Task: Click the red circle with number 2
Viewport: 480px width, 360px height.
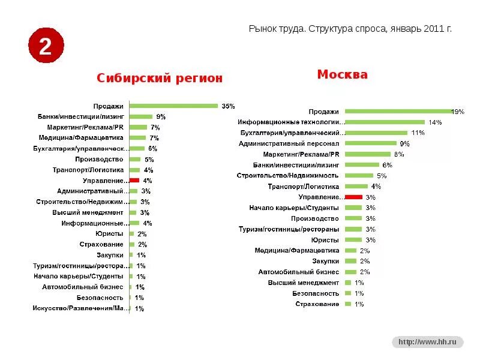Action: click(45, 47)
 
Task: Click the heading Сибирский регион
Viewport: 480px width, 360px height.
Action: click(160, 78)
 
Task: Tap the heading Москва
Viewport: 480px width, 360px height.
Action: click(342, 74)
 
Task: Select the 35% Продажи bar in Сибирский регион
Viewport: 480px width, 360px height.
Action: click(173, 106)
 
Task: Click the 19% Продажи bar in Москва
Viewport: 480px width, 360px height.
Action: click(398, 111)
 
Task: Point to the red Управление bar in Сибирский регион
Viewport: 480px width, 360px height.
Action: click(134, 180)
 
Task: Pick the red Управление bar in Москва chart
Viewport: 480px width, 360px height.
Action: click(353, 197)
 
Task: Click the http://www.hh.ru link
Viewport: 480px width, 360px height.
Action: click(428, 342)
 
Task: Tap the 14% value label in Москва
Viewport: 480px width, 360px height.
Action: click(435, 122)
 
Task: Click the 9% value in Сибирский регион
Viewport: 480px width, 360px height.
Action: click(161, 116)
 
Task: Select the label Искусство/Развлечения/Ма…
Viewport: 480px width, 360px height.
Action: click(80, 308)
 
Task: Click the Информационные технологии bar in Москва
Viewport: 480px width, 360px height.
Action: click(385, 122)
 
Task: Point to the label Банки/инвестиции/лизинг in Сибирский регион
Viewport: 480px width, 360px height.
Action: click(80, 116)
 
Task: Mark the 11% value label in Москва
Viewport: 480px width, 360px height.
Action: click(418, 133)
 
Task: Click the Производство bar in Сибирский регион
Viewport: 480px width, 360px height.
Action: click(135, 159)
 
